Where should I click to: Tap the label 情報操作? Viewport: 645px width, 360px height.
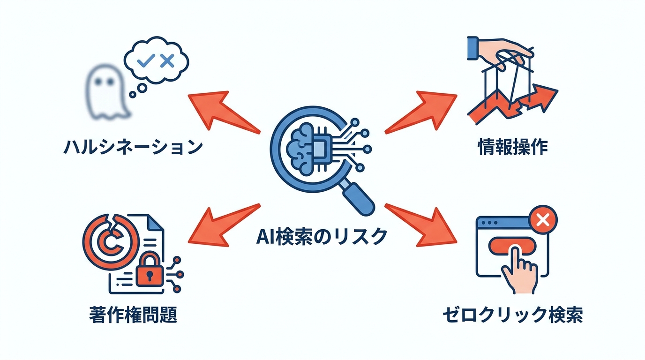click(x=512, y=148)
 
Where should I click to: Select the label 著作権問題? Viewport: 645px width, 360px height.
click(x=133, y=315)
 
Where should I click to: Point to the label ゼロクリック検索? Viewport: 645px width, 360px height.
click(x=512, y=315)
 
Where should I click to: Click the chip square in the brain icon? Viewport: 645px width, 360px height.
click(x=318, y=149)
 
